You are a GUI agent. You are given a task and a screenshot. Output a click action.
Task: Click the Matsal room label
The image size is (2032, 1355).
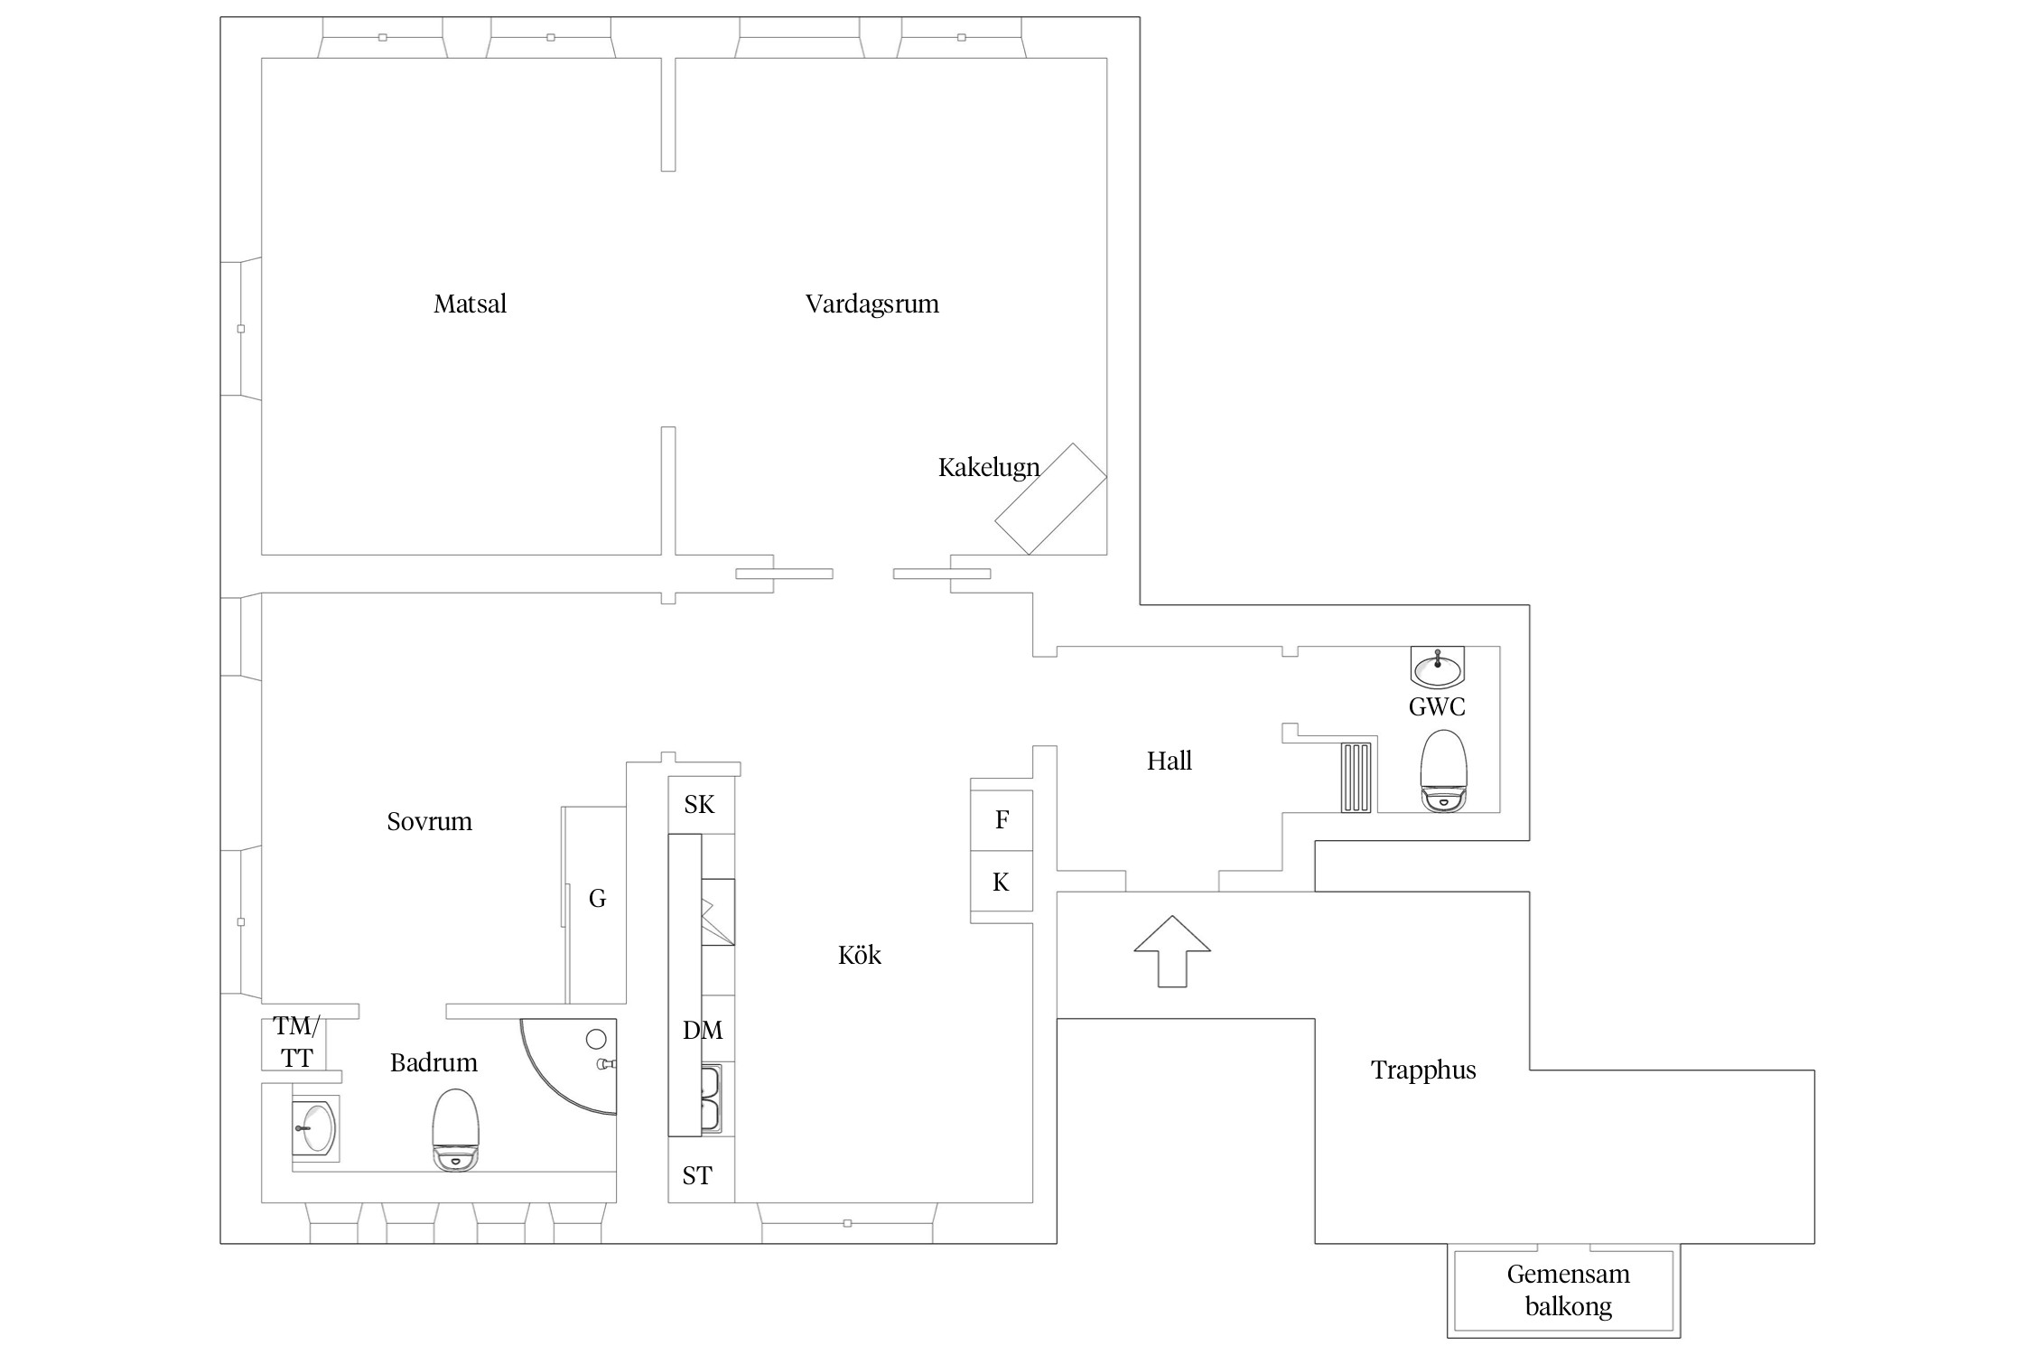point(470,304)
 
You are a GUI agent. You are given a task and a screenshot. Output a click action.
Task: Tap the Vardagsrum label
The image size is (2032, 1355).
point(872,304)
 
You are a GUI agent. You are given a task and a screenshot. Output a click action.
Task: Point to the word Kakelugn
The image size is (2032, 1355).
point(989,468)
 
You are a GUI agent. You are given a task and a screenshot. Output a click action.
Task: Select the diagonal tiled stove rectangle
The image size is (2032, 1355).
point(1050,499)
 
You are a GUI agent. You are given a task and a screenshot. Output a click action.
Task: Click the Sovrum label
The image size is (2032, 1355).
point(429,821)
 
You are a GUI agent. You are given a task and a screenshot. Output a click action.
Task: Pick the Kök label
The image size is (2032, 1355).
point(859,955)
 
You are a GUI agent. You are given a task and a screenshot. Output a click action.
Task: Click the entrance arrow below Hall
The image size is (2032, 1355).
point(1172,950)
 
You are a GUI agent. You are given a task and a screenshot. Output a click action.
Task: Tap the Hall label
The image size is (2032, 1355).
point(1169,761)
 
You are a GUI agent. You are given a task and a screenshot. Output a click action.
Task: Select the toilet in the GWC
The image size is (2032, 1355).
point(1443,771)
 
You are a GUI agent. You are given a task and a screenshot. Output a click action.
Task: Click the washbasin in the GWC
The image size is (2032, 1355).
point(1437,668)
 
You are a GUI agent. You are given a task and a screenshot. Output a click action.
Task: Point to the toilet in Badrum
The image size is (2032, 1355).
point(455,1130)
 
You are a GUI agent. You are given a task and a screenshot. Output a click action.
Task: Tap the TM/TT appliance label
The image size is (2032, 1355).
point(296,1042)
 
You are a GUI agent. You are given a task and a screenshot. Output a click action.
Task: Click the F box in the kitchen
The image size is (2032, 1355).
point(1002,820)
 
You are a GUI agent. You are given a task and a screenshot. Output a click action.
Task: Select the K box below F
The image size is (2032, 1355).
point(1001,883)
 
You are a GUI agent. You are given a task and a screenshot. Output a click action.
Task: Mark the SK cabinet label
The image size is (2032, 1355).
point(700,804)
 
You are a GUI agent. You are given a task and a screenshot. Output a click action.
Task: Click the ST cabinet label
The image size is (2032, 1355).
point(697,1175)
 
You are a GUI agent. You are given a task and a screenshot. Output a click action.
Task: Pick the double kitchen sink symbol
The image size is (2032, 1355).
point(710,1098)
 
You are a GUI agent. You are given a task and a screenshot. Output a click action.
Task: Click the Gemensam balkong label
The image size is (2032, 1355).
point(1568,1290)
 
